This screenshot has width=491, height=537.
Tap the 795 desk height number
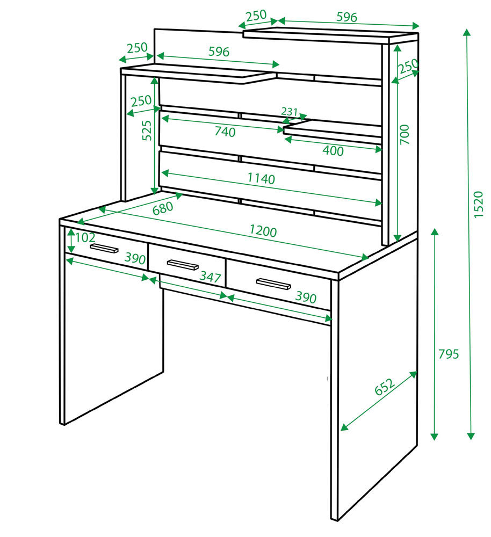click(x=448, y=354)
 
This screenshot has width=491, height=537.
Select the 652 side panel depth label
click(x=385, y=386)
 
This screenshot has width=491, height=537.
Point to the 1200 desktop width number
click(x=263, y=231)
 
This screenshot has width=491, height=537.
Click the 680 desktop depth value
click(x=163, y=208)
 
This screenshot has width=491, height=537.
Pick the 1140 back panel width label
click(x=261, y=178)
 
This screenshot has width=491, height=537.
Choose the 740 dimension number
click(x=225, y=132)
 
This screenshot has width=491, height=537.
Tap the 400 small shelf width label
click(x=333, y=151)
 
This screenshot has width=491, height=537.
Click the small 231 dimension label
click(x=290, y=112)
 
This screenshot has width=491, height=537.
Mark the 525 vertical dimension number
click(x=147, y=130)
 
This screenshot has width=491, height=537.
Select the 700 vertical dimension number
click(x=405, y=135)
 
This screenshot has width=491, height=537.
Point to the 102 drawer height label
click(x=85, y=237)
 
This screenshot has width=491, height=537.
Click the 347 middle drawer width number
click(x=210, y=277)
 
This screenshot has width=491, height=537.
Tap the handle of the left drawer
click(x=104, y=248)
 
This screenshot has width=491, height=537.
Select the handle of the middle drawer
click(x=183, y=265)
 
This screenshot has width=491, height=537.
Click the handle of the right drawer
click(x=273, y=284)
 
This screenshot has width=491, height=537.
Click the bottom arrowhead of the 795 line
click(x=435, y=436)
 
